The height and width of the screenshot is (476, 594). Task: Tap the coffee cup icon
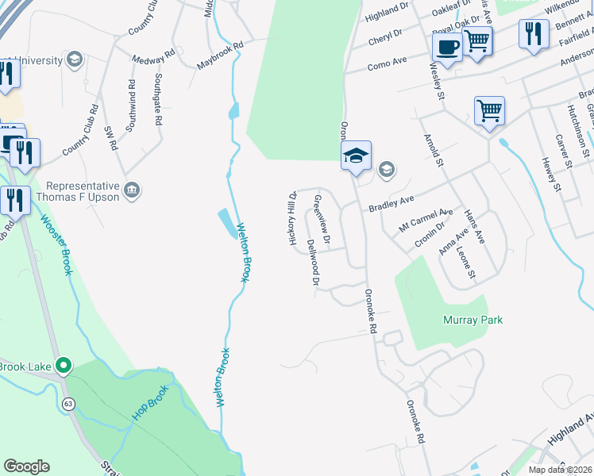coord(447,47)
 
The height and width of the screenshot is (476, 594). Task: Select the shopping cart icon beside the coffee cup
coord(477,40)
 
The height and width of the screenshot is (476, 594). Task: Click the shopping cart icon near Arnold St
coord(489,111)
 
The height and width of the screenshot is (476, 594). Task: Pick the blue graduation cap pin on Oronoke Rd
coord(356,156)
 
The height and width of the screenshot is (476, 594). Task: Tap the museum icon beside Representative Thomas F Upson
coord(132,190)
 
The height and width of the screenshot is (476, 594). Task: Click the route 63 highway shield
coord(69,404)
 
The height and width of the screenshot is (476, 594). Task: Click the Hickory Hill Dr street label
coord(292,217)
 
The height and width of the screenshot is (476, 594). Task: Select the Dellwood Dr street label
coord(313,262)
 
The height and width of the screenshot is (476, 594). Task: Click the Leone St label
coord(465,263)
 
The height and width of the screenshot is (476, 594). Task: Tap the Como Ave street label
coord(387,64)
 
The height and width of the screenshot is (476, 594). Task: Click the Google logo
coord(26,466)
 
